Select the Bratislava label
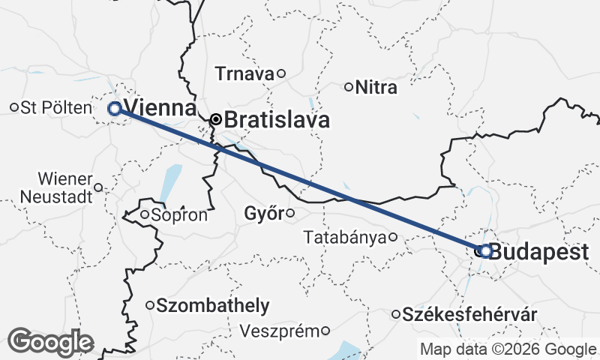click(277, 119)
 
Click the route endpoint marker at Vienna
click(115, 108)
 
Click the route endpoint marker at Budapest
click(485, 251)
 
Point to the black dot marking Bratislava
click(216, 119)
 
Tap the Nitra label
click(376, 87)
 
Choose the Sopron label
click(178, 215)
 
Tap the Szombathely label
click(213, 305)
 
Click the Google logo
click(51, 342)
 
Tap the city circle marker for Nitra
click(348, 87)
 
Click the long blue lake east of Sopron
click(171, 181)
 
